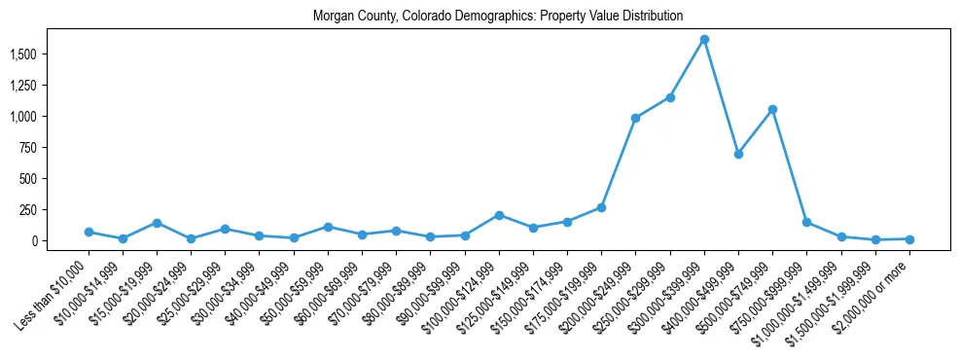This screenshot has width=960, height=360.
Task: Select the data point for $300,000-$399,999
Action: click(x=704, y=39)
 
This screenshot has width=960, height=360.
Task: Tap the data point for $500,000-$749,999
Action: click(x=772, y=110)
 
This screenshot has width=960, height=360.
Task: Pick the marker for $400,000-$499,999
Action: click(x=738, y=154)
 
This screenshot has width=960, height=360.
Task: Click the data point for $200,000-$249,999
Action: click(x=635, y=118)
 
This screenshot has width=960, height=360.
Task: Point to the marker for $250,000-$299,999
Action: click(x=670, y=97)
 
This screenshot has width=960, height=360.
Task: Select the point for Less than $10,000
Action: click(x=89, y=232)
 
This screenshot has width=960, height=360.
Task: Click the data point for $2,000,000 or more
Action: click(x=909, y=239)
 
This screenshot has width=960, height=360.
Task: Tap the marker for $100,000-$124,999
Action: click(x=499, y=215)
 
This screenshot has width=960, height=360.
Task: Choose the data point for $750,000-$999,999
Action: click(x=806, y=222)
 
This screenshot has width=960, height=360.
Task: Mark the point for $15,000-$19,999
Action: click(x=157, y=223)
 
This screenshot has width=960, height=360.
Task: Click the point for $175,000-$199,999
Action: click(x=601, y=207)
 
